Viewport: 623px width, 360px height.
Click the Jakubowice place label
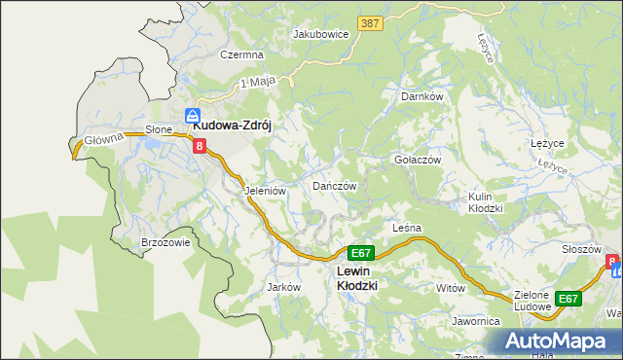pos(320,33)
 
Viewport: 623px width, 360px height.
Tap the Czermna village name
pos(241,55)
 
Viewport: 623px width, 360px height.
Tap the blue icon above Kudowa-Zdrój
pos(193,113)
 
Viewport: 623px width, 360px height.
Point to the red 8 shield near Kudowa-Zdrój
pos(200,147)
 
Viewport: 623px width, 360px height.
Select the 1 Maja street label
pos(254,83)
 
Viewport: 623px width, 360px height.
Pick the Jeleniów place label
pos(265,191)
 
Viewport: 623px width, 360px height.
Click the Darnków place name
pos(422,97)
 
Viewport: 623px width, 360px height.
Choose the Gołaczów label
pos(418,160)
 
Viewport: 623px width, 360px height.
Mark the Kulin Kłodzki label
pos(485,202)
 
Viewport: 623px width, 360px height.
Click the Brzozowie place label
pos(165,243)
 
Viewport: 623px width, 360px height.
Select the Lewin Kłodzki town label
pos(356,278)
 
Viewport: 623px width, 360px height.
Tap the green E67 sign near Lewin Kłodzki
pos(360,252)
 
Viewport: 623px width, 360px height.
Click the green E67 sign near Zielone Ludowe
pos(568,299)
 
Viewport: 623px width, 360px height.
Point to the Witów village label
pos(451,288)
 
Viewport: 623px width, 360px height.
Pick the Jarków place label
pos(282,288)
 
